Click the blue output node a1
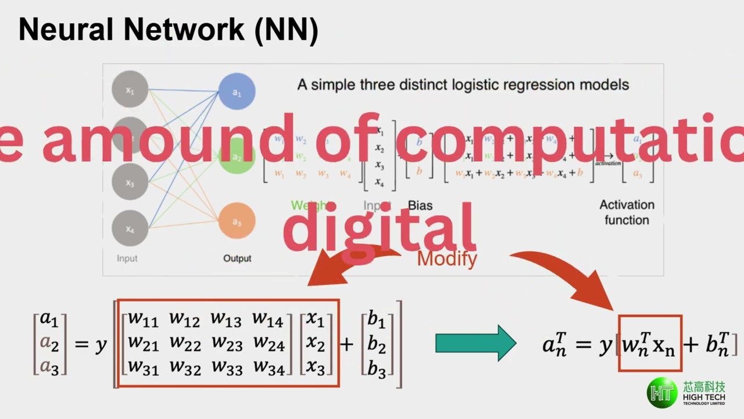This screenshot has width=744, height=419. (x=237, y=92)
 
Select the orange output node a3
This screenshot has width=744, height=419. (x=237, y=221)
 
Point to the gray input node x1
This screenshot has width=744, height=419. (x=130, y=89)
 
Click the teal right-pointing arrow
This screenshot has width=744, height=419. (x=475, y=343)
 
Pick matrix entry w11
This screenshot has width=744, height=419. (x=143, y=318)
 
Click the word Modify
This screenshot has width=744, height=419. (x=447, y=258)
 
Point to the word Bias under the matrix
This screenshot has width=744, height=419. (x=420, y=205)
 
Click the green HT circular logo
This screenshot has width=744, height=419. (x=663, y=393)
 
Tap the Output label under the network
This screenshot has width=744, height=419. (x=237, y=258)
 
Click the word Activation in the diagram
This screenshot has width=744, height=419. (x=627, y=205)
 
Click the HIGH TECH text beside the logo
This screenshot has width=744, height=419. (x=704, y=396)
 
